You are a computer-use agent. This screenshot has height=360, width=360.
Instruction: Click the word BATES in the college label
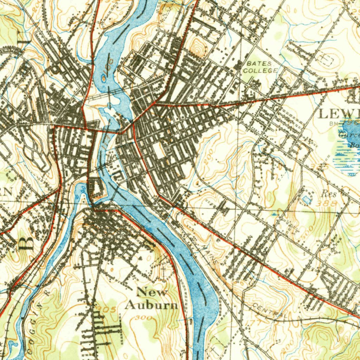point(259,64)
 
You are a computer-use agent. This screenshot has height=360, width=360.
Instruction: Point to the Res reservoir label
point(329,194)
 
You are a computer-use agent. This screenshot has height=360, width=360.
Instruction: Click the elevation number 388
point(326,203)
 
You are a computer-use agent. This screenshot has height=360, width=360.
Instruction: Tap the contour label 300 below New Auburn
point(143,318)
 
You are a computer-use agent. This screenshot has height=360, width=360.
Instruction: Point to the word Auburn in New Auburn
point(151,305)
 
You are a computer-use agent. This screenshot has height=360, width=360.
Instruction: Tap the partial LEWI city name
point(339,114)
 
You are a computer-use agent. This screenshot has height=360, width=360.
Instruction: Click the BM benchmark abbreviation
point(333,124)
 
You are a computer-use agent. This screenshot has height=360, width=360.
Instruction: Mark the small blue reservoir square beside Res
point(307,200)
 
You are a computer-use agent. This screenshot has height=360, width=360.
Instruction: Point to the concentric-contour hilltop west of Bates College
point(199,49)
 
